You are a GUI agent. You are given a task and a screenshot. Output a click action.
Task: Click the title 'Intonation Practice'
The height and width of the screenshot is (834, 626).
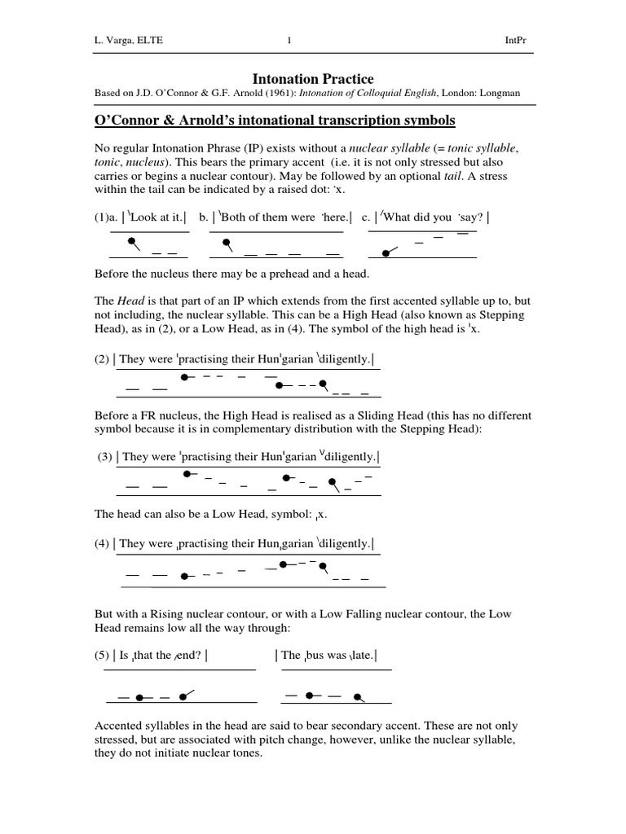(x=313, y=79)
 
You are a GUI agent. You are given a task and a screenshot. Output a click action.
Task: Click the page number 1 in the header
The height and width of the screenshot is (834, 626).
(x=289, y=41)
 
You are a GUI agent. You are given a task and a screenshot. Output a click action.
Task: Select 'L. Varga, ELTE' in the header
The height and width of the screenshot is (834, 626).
(x=129, y=41)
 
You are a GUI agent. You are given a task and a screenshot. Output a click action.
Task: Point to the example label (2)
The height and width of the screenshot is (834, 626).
(x=102, y=359)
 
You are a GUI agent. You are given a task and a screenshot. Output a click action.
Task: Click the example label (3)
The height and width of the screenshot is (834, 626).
(x=104, y=457)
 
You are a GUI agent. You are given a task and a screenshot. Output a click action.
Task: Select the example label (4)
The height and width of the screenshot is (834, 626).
(x=102, y=543)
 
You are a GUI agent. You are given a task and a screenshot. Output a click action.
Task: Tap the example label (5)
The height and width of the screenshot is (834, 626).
(x=102, y=654)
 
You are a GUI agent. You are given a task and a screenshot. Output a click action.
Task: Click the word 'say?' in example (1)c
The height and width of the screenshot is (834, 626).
(x=470, y=217)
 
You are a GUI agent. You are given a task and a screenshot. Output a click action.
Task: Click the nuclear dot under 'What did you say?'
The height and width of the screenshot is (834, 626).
(x=386, y=252)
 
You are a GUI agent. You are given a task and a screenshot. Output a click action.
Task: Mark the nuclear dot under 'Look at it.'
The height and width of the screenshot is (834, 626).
(x=131, y=242)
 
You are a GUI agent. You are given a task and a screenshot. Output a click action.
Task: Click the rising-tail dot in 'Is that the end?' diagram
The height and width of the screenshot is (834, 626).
(x=181, y=696)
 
